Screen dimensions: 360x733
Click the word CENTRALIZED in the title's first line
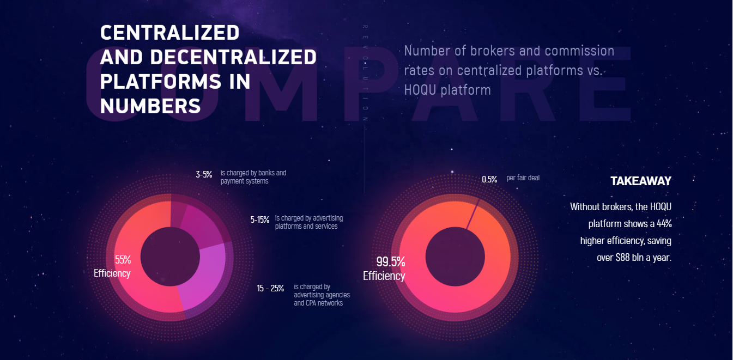[x=169, y=33]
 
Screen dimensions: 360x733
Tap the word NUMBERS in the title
[x=150, y=106]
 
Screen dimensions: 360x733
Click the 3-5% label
[x=204, y=175]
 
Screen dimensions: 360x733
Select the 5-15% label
[x=260, y=220]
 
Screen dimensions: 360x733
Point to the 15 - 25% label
[x=270, y=289]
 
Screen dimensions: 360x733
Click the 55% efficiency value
[x=123, y=260]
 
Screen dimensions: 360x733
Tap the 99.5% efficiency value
[x=391, y=262]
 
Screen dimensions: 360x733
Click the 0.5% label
[x=489, y=179]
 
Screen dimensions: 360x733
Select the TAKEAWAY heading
[x=640, y=181]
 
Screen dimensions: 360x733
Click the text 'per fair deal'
[x=523, y=178]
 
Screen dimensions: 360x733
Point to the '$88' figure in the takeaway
[x=623, y=258]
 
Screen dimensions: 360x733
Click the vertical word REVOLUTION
[x=365, y=74]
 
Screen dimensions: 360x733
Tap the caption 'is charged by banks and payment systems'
[x=253, y=177]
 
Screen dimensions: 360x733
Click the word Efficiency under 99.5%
[x=384, y=276]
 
